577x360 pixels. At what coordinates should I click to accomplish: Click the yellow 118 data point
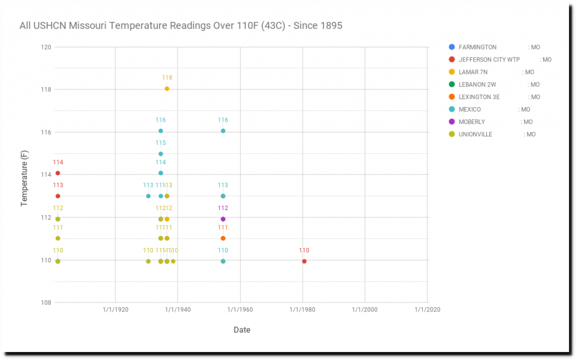(167, 88)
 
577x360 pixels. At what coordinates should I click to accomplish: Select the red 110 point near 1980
(304, 261)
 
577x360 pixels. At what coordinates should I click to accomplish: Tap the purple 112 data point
(223, 219)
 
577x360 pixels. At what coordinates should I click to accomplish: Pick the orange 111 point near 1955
(223, 238)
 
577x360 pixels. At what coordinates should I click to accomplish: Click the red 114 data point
(57, 173)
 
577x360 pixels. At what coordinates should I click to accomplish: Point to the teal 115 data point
(161, 154)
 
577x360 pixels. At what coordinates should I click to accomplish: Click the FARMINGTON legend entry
(477, 47)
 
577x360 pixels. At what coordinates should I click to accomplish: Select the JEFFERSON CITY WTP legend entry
(489, 60)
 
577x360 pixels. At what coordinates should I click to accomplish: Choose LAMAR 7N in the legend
(473, 72)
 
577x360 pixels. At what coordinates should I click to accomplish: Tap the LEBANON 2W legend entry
(477, 85)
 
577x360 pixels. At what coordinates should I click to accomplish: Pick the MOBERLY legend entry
(472, 122)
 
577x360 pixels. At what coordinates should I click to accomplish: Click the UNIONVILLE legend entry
(475, 134)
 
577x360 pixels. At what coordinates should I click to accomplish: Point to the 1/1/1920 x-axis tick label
(116, 309)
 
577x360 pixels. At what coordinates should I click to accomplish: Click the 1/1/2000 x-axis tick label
(365, 309)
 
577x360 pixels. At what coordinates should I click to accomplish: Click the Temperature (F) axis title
(24, 175)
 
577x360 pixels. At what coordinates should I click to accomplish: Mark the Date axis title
(242, 330)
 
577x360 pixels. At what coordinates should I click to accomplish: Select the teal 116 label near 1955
(223, 120)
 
